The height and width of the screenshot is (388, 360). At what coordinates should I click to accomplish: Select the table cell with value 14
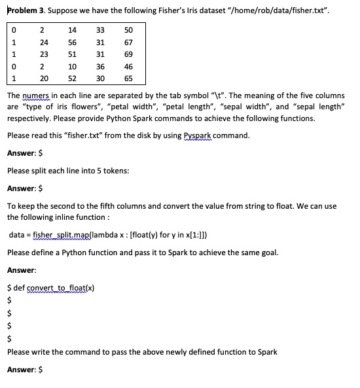(x=72, y=31)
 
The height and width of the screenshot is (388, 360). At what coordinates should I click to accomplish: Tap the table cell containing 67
(x=128, y=43)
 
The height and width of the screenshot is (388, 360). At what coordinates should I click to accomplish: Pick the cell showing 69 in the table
(x=128, y=55)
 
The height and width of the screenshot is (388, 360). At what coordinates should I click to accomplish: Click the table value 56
(x=72, y=43)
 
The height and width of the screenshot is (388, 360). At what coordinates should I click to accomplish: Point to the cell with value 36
(x=100, y=67)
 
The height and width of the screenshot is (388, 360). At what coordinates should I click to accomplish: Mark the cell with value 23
(x=43, y=55)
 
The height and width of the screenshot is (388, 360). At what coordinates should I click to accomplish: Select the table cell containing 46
(x=128, y=67)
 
